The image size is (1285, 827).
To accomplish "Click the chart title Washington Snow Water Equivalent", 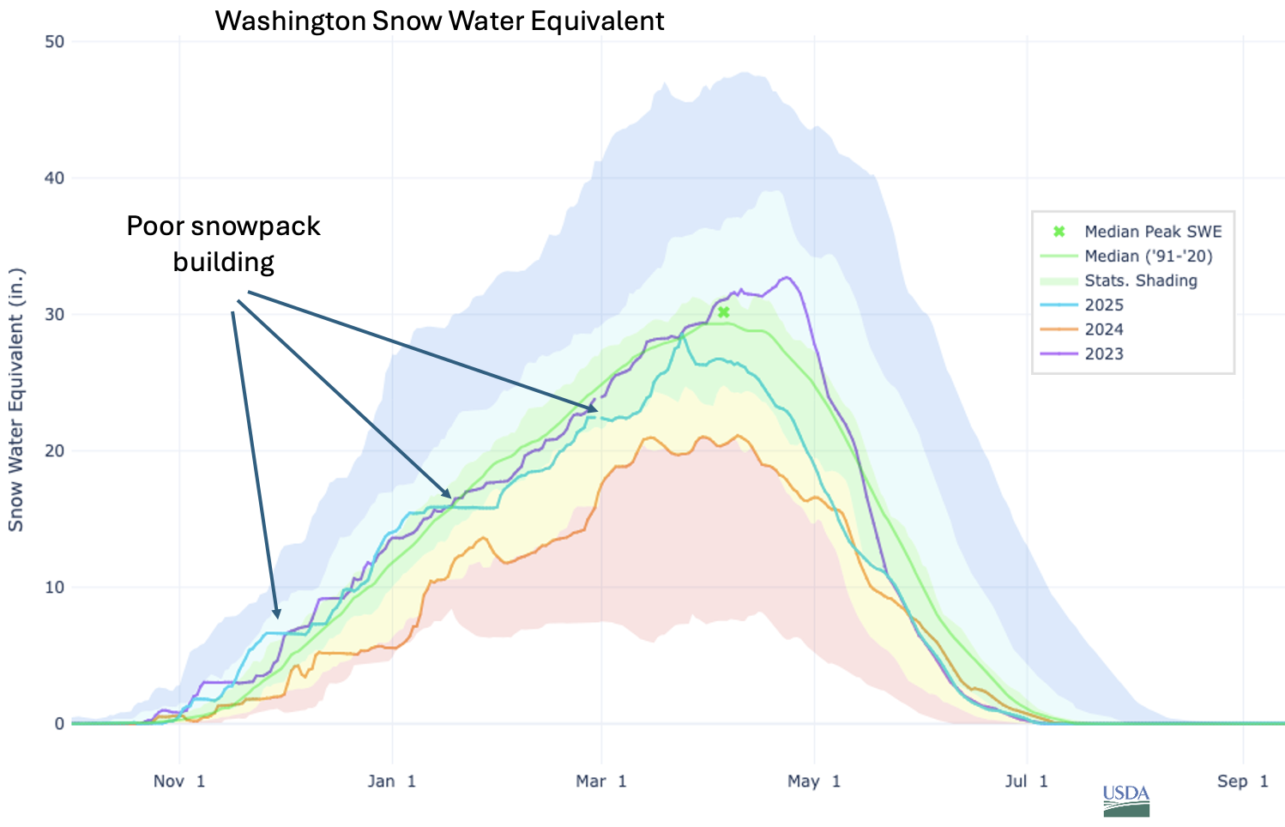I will [439, 21].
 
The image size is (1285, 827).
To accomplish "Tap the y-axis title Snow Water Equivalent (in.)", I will [16, 399].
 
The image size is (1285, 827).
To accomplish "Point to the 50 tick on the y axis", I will [53, 41].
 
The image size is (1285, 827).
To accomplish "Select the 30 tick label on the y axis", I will [53, 314].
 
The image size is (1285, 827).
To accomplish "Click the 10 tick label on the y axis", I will [53, 587].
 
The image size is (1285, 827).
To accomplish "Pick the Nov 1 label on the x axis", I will [179, 781].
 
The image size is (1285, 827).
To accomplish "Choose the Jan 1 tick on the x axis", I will [392, 781].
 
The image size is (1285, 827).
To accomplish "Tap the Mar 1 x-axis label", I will [601, 781].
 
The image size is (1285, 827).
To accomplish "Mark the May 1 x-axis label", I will [814, 781].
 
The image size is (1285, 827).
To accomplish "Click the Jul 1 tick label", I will [1026, 781].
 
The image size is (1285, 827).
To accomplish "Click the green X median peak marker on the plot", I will [724, 312].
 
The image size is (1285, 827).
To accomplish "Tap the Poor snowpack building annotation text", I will [223, 243].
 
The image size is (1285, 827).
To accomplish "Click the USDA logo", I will [1125, 800].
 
